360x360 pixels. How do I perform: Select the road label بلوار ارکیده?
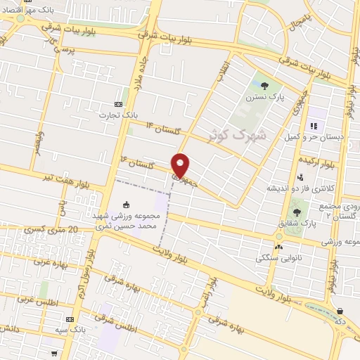pos(337,163)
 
